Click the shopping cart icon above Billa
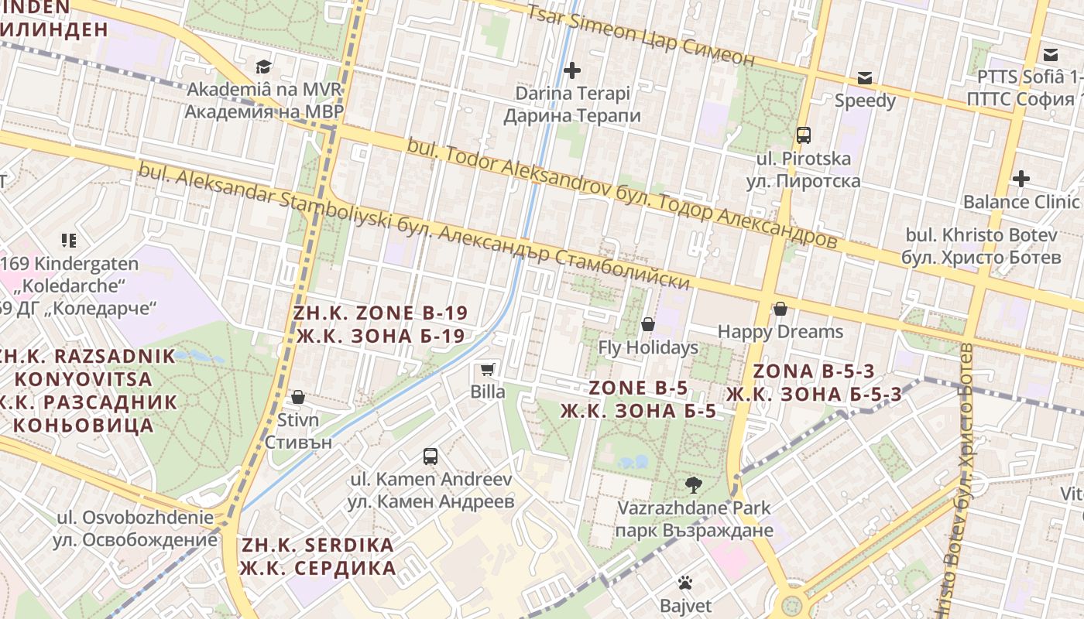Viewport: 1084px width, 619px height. (487, 369)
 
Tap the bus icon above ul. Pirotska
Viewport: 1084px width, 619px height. (803, 135)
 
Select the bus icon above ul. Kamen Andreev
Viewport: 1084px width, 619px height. (431, 457)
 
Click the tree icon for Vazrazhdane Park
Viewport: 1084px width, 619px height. (694, 485)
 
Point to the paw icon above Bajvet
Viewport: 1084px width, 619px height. (684, 583)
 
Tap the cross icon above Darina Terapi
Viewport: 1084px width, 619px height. (572, 70)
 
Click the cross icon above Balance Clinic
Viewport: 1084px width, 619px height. (1021, 179)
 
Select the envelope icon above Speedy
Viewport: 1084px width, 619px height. (865, 78)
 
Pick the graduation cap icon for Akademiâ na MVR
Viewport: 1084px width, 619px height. (264, 67)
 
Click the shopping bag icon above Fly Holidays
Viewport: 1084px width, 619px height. (648, 324)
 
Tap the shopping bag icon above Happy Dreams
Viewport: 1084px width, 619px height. (780, 309)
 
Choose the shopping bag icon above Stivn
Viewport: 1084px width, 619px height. (298, 398)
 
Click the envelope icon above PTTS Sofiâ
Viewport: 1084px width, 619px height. (1051, 55)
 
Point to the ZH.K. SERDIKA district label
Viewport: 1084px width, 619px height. (317, 556)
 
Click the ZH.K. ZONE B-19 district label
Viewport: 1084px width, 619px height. (380, 324)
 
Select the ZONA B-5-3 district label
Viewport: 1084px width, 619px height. (814, 382)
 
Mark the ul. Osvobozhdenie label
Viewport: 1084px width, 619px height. (135, 528)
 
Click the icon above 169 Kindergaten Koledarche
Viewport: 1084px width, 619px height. (69, 241)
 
